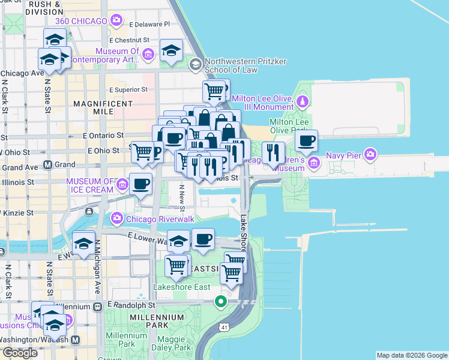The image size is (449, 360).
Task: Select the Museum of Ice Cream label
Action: [x=90, y=185]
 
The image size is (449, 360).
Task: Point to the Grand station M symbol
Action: [x=48, y=164]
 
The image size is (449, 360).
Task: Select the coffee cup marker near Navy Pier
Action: [x=306, y=142]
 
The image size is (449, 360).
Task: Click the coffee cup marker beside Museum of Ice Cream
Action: [x=140, y=184]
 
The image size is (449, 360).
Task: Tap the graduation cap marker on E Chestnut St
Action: [x=171, y=50]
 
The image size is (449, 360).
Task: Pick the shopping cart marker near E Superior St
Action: [x=214, y=91]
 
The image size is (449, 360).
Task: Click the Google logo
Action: [x=20, y=353]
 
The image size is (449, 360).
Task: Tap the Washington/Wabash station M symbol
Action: [x=76, y=340]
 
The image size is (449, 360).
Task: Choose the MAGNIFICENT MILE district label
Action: [x=103, y=107]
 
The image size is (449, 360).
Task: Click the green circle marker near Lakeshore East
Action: [x=221, y=301]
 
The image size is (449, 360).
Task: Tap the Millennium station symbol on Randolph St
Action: [x=97, y=306]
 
